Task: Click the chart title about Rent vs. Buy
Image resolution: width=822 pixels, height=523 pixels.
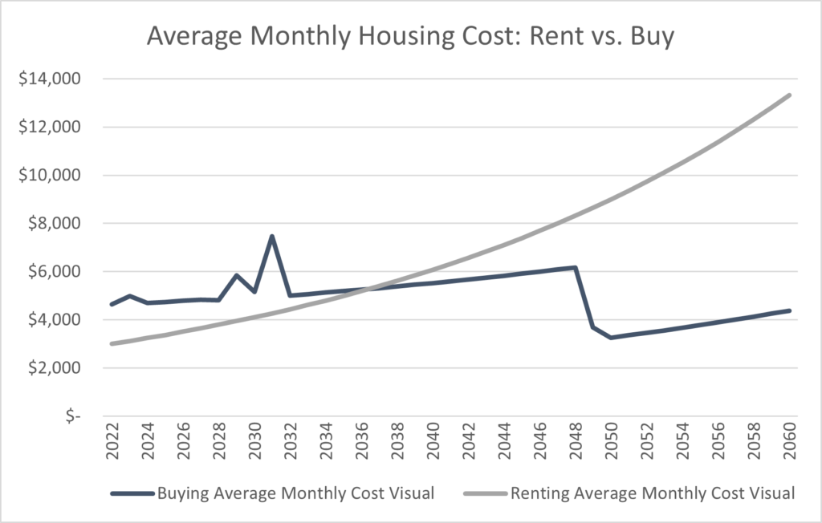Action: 411,37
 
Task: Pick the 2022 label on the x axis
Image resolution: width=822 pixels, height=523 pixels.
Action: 112,443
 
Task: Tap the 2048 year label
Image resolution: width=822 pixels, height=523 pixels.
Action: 576,443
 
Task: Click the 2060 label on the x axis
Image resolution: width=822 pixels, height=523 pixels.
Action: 790,443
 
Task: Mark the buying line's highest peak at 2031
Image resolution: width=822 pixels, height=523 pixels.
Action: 272,236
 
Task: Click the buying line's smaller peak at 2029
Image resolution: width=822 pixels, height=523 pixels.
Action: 236,275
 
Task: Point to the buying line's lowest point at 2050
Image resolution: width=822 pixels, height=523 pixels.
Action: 611,338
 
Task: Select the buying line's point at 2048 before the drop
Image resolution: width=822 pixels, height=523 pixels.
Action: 576,267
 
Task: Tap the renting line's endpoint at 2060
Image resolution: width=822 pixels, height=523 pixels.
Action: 790,95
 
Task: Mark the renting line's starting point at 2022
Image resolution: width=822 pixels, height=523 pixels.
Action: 112,343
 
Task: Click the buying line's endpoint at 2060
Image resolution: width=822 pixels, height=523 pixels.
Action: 790,310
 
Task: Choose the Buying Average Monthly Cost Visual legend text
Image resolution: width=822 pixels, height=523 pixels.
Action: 295,493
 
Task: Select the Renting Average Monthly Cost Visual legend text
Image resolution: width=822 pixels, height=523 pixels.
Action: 653,493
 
